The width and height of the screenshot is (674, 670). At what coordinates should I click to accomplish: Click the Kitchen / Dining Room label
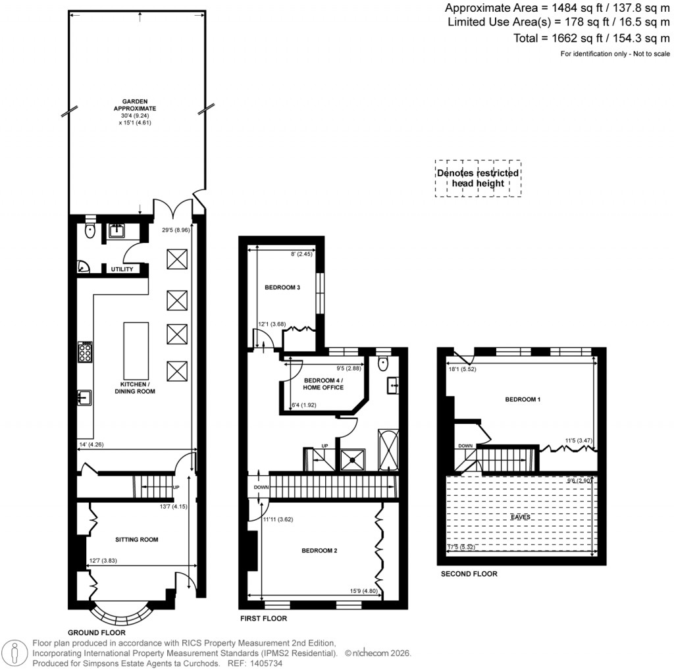click(137, 388)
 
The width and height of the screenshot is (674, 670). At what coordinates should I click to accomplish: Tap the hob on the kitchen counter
click(86, 352)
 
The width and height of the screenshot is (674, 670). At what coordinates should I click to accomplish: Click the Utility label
click(122, 269)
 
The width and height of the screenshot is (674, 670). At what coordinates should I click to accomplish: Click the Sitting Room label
click(136, 540)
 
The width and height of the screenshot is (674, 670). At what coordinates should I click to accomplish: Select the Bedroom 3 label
click(282, 287)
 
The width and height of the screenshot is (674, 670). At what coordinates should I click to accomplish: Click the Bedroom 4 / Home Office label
click(323, 384)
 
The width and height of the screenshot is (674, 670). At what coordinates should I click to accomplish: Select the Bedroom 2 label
click(319, 550)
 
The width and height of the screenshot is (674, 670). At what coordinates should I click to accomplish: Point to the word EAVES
click(521, 517)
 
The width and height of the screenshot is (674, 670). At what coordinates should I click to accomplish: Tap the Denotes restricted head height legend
click(478, 178)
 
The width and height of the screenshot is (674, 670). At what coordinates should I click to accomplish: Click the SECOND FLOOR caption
click(469, 574)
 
